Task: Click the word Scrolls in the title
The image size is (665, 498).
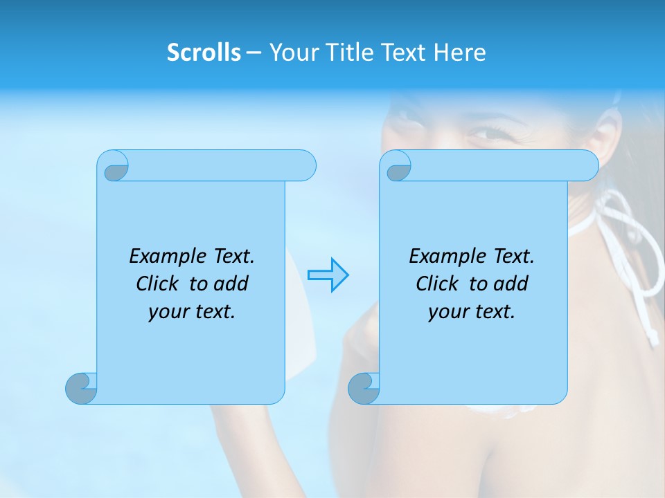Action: click(204, 53)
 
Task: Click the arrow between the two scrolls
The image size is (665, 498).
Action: click(328, 275)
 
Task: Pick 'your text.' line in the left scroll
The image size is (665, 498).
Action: click(192, 312)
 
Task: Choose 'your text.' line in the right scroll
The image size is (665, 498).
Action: click(472, 312)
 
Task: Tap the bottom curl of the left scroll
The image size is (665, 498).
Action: click(81, 388)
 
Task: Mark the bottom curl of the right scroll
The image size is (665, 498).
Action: click(364, 388)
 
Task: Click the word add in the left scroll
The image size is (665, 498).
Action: click(231, 284)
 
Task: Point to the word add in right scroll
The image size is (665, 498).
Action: click(511, 284)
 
